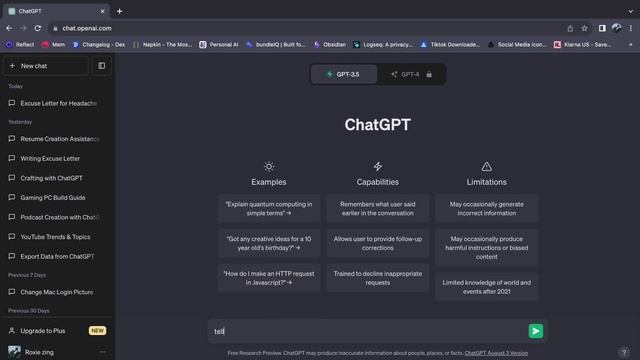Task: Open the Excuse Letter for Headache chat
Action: click(58, 103)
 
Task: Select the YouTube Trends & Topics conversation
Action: click(55, 237)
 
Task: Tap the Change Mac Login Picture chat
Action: click(57, 292)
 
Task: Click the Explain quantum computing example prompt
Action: click(268, 208)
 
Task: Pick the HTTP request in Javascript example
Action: click(268, 277)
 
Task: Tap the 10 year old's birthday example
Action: click(268, 243)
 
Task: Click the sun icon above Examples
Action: click(268, 166)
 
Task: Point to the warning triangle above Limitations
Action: click(487, 166)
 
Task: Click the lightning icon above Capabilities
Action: click(377, 166)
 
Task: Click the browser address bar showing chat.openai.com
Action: click(300, 28)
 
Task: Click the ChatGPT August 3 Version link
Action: click(496, 353)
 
